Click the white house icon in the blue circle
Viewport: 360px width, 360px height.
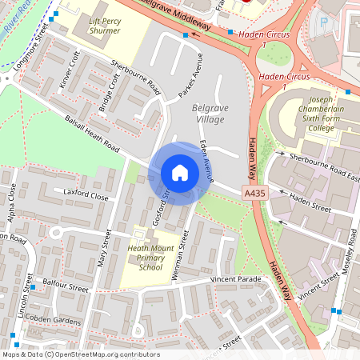[180, 173]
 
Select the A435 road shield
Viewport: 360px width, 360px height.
[254, 194]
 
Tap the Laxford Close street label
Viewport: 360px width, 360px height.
[81, 194]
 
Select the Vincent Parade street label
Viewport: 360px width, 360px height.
[236, 279]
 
